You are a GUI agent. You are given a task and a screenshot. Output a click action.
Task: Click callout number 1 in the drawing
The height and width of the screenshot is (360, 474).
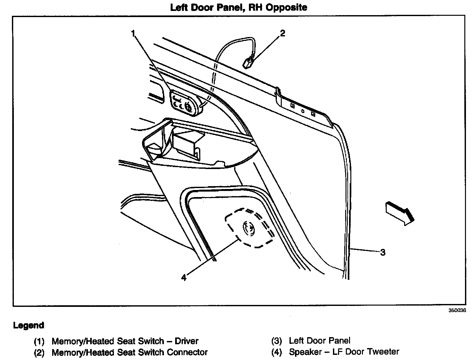click(133, 33)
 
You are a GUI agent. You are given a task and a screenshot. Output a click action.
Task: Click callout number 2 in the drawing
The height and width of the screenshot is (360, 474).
click(282, 33)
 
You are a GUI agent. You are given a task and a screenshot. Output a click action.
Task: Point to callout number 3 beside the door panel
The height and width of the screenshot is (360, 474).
click(383, 252)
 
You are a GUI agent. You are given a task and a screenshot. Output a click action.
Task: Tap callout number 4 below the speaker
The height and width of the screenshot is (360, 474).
click(184, 277)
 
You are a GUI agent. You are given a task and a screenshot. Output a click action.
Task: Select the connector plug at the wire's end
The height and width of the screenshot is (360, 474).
click(248, 62)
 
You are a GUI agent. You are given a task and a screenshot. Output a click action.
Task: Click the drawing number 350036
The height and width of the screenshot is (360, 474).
click(457, 311)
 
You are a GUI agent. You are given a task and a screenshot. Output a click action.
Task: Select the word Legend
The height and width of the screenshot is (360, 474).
click(29, 325)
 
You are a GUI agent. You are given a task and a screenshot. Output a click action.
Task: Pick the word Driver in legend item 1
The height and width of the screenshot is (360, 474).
click(186, 341)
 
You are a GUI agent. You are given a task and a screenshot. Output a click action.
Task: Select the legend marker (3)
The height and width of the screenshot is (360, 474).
click(277, 341)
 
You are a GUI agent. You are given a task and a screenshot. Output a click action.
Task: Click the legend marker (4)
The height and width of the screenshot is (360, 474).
click(277, 352)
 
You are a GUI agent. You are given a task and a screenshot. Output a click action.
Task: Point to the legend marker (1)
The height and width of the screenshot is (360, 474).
click(39, 341)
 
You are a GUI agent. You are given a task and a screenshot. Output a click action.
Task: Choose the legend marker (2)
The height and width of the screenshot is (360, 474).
click(39, 353)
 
